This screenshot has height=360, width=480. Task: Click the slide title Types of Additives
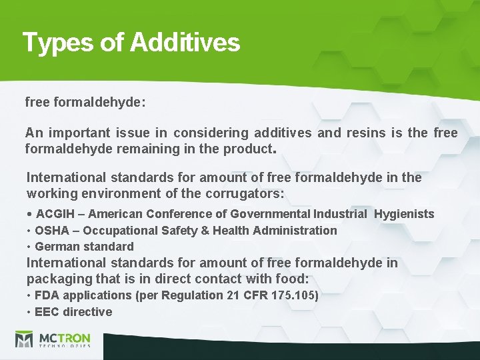131,42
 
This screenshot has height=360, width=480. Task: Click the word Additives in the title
185,42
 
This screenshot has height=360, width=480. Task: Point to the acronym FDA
47,295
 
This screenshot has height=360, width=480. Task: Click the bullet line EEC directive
73,312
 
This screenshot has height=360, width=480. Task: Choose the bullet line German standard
84,247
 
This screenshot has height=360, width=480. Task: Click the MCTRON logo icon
24,339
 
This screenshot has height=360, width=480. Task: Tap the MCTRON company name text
65,338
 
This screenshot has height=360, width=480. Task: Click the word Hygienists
404,214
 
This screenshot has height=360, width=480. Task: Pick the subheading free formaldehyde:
85,103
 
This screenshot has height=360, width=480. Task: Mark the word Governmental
270,214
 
